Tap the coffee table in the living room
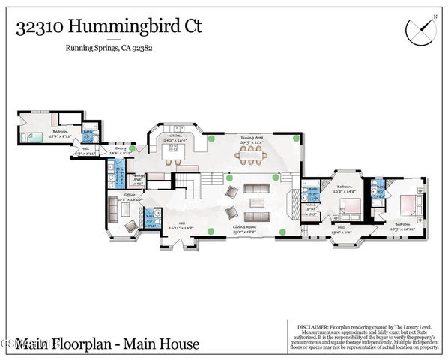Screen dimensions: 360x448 [256, 203]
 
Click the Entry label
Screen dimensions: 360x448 [120, 149]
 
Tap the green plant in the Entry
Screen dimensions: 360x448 [133, 149]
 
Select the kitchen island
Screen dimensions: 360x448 [175, 148]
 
